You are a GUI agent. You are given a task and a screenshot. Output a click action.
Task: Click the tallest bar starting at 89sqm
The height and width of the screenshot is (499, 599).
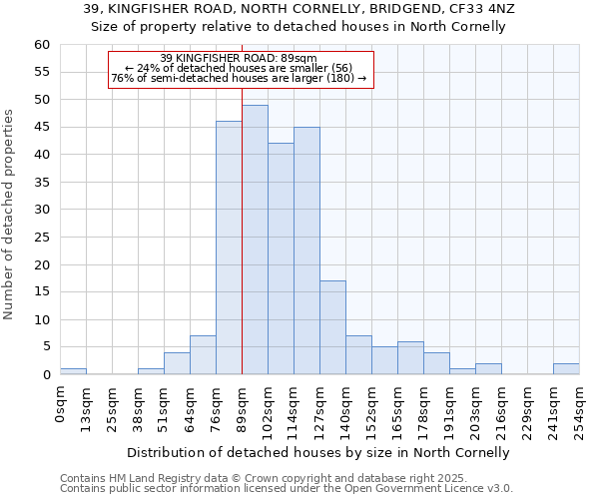[255, 240]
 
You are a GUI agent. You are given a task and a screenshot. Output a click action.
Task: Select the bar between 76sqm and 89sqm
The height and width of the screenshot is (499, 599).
[229, 248]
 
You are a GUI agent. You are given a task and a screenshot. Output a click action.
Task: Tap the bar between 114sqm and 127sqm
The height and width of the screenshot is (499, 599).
[306, 250]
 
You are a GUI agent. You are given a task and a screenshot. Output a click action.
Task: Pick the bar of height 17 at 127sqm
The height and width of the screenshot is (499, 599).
[332, 327]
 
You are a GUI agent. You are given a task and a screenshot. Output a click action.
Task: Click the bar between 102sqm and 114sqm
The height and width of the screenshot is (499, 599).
[281, 258]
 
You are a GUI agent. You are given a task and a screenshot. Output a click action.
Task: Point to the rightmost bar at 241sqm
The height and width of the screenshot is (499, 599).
[566, 369]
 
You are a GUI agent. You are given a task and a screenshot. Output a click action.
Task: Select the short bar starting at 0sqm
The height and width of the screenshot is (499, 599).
[73, 371]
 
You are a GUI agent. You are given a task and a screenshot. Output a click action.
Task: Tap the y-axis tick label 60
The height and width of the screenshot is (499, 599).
[41, 45]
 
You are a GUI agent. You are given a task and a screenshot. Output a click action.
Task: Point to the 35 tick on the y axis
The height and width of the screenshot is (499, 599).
[41, 183]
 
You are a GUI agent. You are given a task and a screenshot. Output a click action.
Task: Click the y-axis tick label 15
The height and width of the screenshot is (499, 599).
[41, 292]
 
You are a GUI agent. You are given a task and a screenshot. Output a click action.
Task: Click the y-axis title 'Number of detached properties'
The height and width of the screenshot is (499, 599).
[10, 215]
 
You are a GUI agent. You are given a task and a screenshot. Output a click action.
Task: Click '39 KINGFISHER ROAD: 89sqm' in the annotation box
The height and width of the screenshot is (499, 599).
[239, 59]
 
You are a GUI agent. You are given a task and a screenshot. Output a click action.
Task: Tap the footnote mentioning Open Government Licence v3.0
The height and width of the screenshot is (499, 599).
[287, 489]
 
